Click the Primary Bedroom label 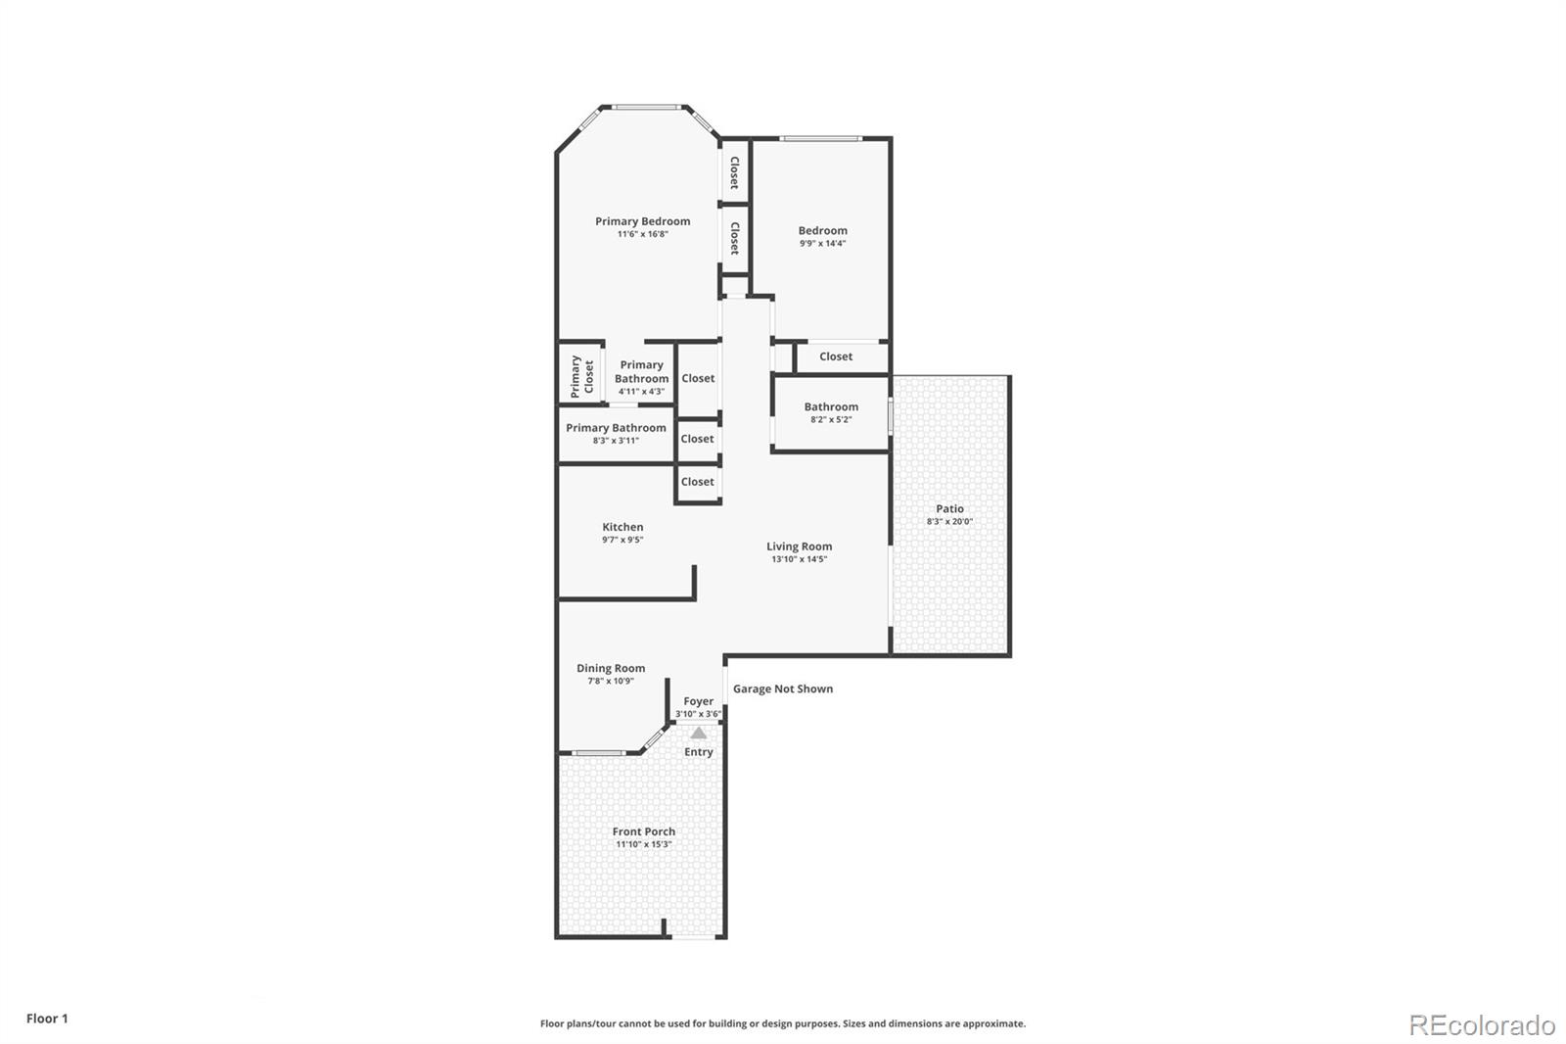click(x=642, y=221)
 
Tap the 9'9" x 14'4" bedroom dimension click(x=822, y=244)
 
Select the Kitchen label click(x=622, y=527)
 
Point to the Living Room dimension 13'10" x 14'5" click(x=799, y=559)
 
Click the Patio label click(x=949, y=508)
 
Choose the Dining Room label click(x=611, y=668)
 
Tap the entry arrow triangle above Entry click(x=699, y=733)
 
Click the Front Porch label click(x=644, y=831)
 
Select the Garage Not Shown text click(x=783, y=688)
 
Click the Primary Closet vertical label click(x=582, y=375)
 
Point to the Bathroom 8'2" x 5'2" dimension click(x=831, y=419)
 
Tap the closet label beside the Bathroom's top click(x=836, y=356)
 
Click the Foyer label click(x=699, y=701)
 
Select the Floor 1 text click(x=47, y=1019)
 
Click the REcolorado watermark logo click(x=1482, y=1025)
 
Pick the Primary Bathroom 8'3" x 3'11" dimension click(x=616, y=441)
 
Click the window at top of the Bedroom click(x=820, y=138)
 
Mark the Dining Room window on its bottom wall click(x=598, y=752)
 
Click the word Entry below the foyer click(x=699, y=752)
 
